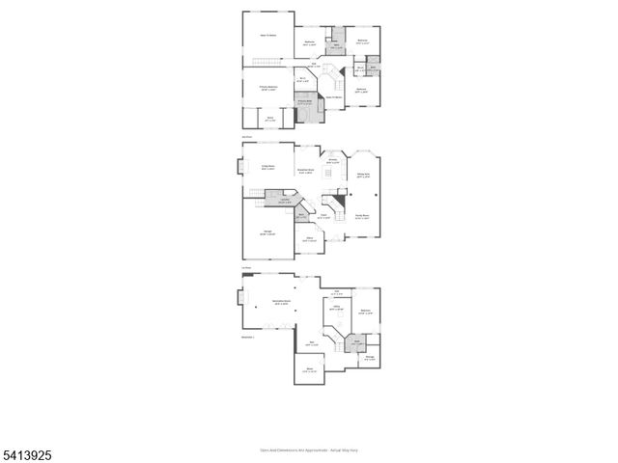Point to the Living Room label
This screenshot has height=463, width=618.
[264, 166]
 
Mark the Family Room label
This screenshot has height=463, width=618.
[363, 217]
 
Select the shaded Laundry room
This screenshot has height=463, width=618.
[286, 203]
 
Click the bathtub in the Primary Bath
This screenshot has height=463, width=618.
[307, 113]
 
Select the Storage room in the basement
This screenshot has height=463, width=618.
[370, 359]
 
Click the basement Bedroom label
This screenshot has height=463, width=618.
[366, 312]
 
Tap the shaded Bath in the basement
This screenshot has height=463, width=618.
[356, 340]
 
